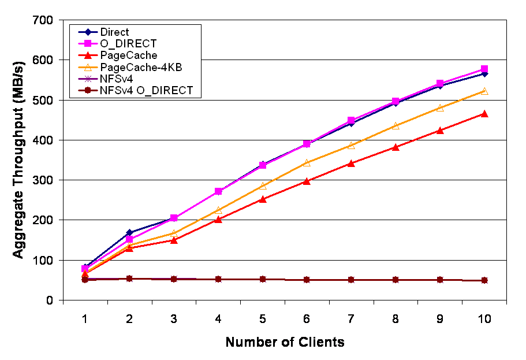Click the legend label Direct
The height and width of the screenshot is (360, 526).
[114, 32]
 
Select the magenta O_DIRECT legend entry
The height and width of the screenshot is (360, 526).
[128, 44]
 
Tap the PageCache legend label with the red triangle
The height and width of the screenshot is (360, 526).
[128, 55]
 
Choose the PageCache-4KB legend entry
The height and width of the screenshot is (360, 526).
[141, 67]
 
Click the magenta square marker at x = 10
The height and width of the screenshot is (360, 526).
[484, 69]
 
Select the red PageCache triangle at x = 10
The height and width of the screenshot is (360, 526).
[484, 114]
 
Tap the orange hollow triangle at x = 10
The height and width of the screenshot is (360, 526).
[484, 91]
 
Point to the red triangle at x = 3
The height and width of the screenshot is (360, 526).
[174, 240]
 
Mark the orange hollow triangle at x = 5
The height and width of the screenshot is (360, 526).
[263, 186]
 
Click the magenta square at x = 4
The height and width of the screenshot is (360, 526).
[218, 191]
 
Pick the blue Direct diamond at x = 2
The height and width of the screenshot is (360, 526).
[129, 233]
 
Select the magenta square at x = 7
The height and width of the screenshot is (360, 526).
[351, 121]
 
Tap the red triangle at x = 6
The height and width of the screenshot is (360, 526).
[307, 181]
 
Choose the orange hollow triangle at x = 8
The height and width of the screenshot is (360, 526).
[396, 125]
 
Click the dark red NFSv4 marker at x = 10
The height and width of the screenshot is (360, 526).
[484, 281]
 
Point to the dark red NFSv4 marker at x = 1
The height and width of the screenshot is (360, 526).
[85, 280]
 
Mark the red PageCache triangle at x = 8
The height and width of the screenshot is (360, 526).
[396, 147]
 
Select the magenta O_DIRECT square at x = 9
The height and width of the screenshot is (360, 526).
[440, 84]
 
